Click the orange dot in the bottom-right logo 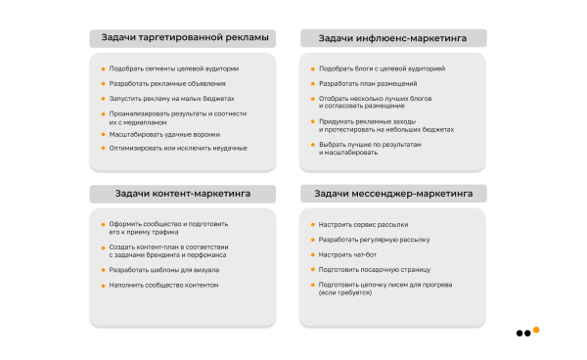536,330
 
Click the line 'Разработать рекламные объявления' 159,84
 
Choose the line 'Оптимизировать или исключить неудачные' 171,148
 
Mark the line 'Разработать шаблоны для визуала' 163,269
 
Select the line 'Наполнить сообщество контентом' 163,285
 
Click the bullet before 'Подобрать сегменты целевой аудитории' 102,68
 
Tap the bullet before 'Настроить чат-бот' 312,254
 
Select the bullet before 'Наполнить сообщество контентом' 102,285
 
